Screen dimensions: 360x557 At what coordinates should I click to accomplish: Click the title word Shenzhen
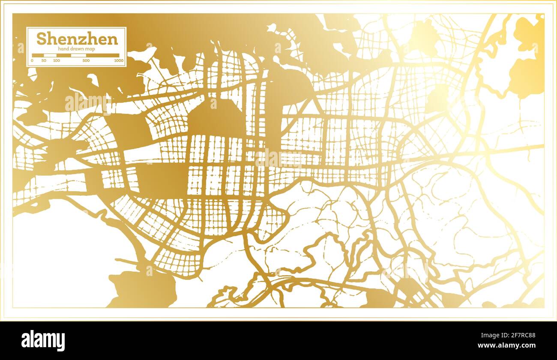(x=77, y=39)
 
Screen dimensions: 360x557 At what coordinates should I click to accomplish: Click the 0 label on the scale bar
(x=33, y=60)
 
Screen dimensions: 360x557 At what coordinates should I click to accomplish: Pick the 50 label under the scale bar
(x=44, y=60)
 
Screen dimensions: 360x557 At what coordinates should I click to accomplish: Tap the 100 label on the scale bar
(x=57, y=60)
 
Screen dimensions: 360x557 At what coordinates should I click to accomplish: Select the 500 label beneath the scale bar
(x=86, y=60)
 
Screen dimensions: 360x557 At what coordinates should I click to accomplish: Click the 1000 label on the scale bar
(x=119, y=60)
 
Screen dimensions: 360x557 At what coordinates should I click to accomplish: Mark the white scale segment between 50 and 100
(x=50, y=55)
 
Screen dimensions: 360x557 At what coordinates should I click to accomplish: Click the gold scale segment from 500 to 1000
(x=102, y=55)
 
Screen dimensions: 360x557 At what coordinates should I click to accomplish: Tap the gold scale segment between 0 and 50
(x=38, y=55)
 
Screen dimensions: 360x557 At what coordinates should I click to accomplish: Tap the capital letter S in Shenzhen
(x=41, y=39)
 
